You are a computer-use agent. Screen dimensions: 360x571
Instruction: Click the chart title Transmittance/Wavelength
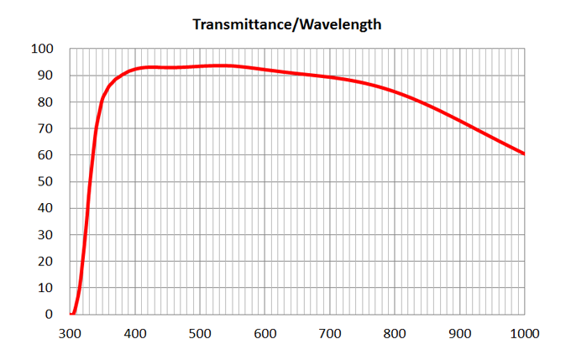pos(287,24)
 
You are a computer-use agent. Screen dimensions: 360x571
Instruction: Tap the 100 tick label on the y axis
pos(42,49)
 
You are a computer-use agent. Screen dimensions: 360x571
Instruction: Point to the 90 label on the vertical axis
pos(45,76)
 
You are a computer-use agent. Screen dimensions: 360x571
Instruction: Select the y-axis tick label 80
pos(45,102)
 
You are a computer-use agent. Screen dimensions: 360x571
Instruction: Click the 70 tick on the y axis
pos(45,128)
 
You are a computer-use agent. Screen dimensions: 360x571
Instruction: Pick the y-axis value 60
pos(45,155)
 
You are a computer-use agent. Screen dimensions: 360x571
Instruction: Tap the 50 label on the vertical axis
pos(45,181)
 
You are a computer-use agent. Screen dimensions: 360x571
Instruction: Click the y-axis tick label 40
pos(45,208)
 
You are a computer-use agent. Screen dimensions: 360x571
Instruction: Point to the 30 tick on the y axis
pos(45,235)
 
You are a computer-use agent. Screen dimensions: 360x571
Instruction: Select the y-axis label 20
pos(45,261)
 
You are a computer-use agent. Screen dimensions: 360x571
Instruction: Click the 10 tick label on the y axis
pos(45,288)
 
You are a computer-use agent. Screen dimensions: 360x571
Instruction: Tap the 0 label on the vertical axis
pos(49,315)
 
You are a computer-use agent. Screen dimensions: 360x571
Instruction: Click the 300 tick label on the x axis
pos(71,332)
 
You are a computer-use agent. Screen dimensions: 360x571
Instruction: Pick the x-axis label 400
pos(135,332)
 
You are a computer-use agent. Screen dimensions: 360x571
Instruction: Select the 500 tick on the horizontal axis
pos(200,332)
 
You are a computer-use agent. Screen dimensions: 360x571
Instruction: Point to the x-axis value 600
pos(265,332)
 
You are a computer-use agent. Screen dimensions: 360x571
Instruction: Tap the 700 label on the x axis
pos(330,332)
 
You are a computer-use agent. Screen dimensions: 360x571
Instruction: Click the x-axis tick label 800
pos(395,332)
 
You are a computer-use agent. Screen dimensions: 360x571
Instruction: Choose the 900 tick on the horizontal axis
pos(459,332)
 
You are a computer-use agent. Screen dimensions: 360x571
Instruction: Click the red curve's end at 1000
pos(524,154)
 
